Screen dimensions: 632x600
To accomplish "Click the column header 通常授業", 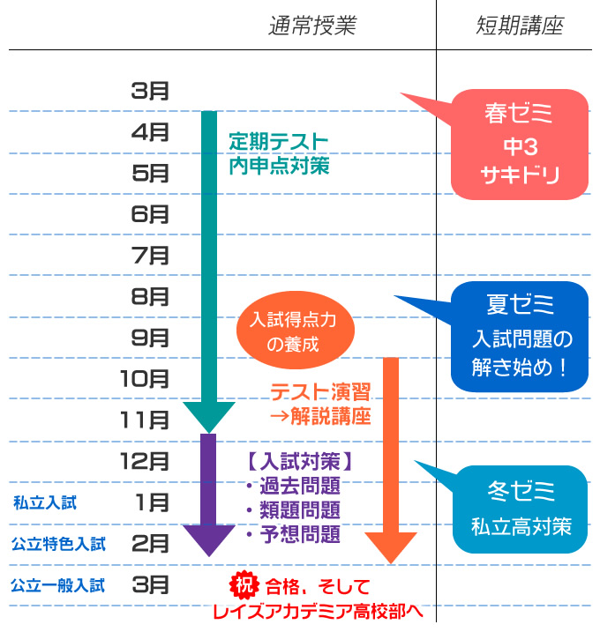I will [x=311, y=26].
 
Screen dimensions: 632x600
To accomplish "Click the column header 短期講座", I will [x=517, y=26].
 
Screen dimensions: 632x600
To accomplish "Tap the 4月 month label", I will [x=150, y=132].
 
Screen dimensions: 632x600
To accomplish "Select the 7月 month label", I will [x=150, y=256].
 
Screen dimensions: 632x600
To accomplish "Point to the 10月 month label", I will [x=145, y=379].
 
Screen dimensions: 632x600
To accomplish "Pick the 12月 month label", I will [x=145, y=460].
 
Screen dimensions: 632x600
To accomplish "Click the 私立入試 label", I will [x=45, y=503].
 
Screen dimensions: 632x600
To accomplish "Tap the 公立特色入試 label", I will [x=58, y=544].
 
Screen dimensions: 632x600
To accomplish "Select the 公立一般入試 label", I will [x=58, y=584].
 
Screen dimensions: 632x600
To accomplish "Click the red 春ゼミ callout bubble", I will [x=519, y=144].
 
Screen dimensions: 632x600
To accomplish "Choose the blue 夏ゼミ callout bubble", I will [x=520, y=336].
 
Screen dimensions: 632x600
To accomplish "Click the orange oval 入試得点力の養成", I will [x=296, y=331].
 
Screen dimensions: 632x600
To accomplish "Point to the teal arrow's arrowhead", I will [x=208, y=415].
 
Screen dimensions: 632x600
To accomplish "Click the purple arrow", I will [x=208, y=494].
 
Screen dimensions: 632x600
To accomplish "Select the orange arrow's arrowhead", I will [x=390, y=546].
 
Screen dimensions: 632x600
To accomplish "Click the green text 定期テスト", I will [x=278, y=141].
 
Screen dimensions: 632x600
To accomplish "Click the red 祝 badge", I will [x=242, y=584].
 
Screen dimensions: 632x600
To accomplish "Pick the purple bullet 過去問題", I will [x=297, y=487].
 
